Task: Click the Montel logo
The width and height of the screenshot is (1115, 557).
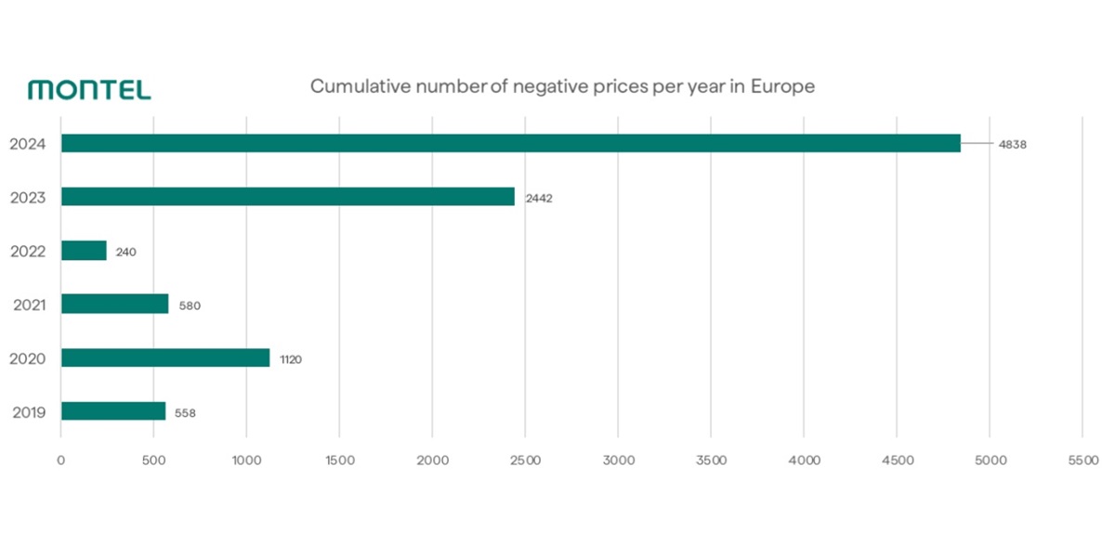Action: click(x=89, y=90)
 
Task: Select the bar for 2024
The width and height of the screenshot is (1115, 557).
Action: click(x=510, y=144)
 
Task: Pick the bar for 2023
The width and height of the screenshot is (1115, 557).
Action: click(x=287, y=197)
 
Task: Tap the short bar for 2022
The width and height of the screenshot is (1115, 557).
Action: click(x=84, y=251)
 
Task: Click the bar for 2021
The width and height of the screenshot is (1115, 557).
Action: click(x=114, y=304)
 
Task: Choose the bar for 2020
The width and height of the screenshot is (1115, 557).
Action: click(x=165, y=357)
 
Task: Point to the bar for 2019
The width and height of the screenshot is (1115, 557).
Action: click(x=113, y=411)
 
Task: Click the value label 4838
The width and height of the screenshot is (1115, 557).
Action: click(x=1012, y=145)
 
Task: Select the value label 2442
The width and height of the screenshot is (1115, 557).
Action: click(x=539, y=198)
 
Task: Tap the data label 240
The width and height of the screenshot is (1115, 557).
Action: click(x=125, y=252)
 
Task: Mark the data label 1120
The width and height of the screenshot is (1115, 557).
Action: click(x=291, y=358)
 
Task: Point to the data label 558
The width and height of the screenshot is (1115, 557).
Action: click(x=185, y=412)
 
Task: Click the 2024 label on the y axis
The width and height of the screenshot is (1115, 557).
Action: click(x=28, y=144)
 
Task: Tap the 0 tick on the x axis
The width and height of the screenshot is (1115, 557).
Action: click(x=60, y=460)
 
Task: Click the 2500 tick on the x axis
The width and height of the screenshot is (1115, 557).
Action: click(x=525, y=460)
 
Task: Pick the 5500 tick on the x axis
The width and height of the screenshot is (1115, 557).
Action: click(x=1082, y=460)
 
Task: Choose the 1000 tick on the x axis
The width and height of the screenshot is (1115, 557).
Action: click(x=246, y=460)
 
